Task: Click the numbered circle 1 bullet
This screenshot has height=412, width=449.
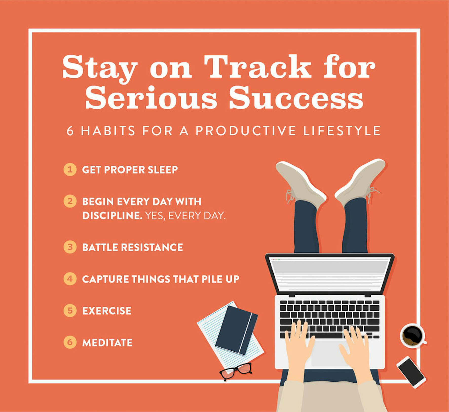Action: (x=70, y=169)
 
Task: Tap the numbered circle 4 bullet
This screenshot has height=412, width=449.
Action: (x=70, y=279)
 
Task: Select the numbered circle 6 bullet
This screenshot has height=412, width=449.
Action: (x=70, y=342)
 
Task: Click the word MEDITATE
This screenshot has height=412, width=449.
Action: (x=107, y=343)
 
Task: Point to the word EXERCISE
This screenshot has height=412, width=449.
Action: (x=107, y=311)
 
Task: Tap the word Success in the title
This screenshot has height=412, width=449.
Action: (x=296, y=98)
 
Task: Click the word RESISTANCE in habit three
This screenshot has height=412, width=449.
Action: (x=152, y=247)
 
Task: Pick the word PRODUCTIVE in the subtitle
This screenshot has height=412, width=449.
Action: (x=246, y=131)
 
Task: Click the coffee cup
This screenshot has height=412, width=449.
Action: (x=413, y=335)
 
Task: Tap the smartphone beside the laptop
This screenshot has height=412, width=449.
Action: (x=411, y=372)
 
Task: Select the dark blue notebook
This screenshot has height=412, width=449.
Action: (x=236, y=330)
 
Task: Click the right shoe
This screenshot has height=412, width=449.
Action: (x=360, y=182)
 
